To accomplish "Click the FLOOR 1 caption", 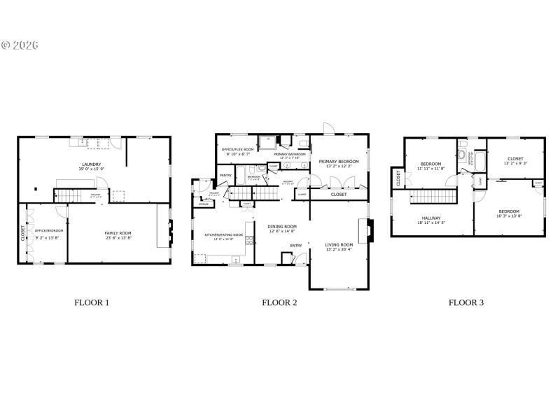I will pos(92,303).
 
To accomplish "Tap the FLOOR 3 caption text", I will pos(466,303).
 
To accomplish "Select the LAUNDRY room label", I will pos(92,164).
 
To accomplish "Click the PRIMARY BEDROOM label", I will pos(339,162).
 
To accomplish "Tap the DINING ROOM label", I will pos(282,227).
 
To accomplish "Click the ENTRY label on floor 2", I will pos(297,245).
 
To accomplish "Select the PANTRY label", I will pos(225,175).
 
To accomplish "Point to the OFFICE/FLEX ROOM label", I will pos(238,150).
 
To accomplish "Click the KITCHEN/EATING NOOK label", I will pos(224,235).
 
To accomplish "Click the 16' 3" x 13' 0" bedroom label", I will pos(509,211).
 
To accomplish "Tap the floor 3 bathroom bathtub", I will pos(463,155).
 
